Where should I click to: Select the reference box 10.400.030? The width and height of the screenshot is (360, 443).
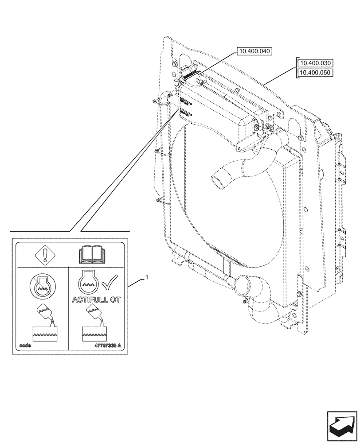316,63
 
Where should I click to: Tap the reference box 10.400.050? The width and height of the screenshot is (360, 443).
316,73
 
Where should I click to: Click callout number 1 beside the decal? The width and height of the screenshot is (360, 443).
147,277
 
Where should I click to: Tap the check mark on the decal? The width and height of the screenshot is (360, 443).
110,282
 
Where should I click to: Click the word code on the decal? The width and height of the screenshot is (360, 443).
26,345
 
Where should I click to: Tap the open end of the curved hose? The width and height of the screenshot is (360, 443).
218,182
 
